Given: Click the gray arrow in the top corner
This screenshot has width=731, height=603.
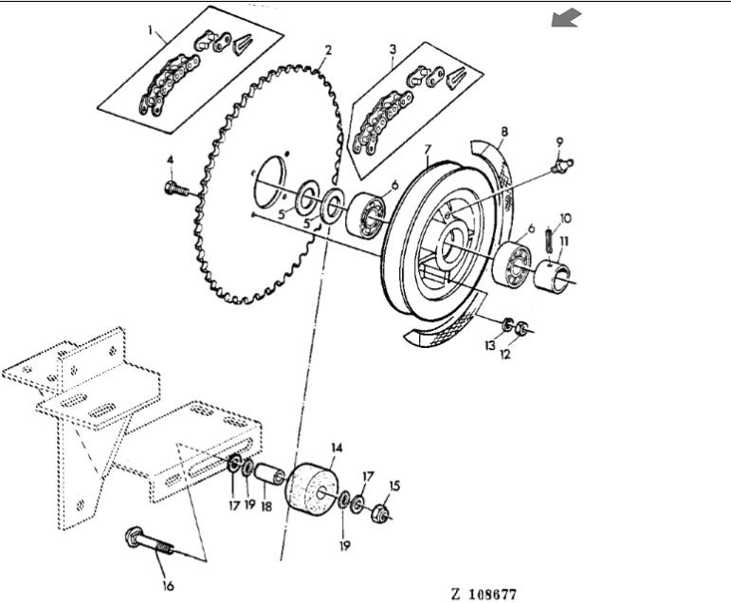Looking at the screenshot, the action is click(566, 18).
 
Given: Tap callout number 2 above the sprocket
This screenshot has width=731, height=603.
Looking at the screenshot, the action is click(328, 50).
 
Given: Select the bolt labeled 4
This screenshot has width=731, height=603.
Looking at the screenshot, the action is click(176, 189).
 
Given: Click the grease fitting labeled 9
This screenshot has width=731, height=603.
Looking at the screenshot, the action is click(562, 165).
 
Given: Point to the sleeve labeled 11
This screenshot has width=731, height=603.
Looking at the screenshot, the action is click(553, 278).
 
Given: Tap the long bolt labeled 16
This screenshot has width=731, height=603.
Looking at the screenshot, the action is click(150, 542).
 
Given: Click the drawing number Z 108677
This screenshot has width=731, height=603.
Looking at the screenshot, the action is click(484, 594).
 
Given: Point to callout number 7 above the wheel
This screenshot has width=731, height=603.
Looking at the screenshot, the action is click(428, 149).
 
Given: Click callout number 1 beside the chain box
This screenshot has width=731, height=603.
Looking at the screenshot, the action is click(150, 30).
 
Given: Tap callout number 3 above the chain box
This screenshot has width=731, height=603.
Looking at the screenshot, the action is click(393, 49).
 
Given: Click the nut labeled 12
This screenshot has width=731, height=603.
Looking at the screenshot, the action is click(521, 328).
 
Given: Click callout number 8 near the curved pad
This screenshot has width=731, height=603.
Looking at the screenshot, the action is click(504, 132).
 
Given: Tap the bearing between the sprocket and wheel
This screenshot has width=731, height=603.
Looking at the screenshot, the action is click(366, 213).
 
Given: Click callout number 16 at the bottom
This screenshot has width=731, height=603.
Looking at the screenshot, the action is click(168, 586).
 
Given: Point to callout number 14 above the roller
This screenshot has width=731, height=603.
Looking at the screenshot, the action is click(337, 448).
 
